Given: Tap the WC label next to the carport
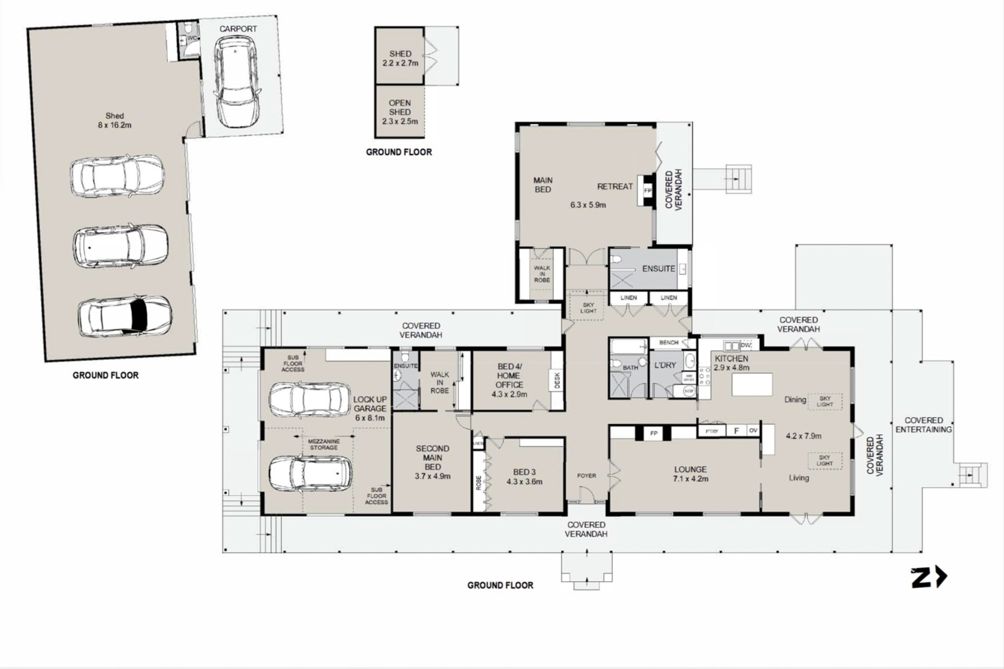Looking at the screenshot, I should pyautogui.click(x=192, y=38).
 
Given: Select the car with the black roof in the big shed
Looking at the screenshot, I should pyautogui.click(x=125, y=316).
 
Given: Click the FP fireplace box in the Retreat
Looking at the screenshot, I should pyautogui.click(x=648, y=191).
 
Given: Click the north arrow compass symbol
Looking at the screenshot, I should pyautogui.click(x=929, y=578).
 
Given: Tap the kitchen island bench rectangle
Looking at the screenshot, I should pyautogui.click(x=752, y=385).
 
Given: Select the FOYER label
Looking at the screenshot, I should pyautogui.click(x=586, y=476).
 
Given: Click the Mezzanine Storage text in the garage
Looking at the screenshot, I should pyautogui.click(x=324, y=444).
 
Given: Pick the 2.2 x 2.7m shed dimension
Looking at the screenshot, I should pyautogui.click(x=400, y=64).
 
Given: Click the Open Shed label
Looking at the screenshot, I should pyautogui.click(x=400, y=108).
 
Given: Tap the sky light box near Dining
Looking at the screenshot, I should pyautogui.click(x=824, y=401).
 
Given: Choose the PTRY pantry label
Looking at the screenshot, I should pyautogui.click(x=711, y=431).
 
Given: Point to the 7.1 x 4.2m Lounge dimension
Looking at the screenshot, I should pyautogui.click(x=691, y=479).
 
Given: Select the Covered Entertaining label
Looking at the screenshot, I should pyautogui.click(x=924, y=425).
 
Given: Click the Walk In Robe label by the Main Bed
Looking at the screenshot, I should pyautogui.click(x=542, y=274).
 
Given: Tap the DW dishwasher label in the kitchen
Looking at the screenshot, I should pyautogui.click(x=746, y=345).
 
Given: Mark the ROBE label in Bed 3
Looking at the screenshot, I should pyautogui.click(x=479, y=483).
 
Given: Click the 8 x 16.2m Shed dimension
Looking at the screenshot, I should pyautogui.click(x=114, y=125).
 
